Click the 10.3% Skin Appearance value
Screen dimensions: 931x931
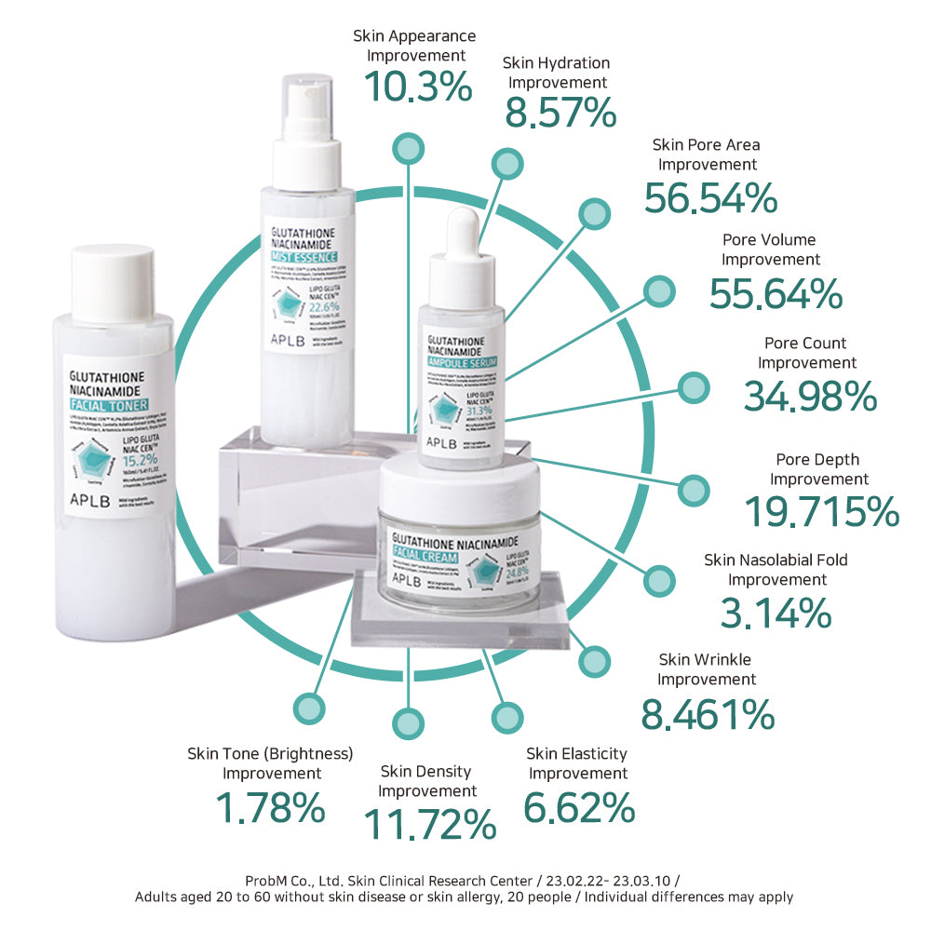(418, 87)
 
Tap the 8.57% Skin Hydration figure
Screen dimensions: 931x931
(560, 114)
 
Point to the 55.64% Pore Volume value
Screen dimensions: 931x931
(776, 293)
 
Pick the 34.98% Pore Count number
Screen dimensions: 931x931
(810, 396)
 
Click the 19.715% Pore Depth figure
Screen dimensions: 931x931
(821, 512)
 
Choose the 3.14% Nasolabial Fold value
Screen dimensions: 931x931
(776, 613)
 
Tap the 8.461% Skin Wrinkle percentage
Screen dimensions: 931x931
(708, 714)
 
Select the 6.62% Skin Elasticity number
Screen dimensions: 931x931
(578, 806)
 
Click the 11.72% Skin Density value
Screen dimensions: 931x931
(428, 824)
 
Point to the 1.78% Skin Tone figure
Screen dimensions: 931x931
(270, 807)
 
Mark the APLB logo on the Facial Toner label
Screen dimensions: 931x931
(91, 497)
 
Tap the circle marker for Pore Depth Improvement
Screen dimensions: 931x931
(693, 490)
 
